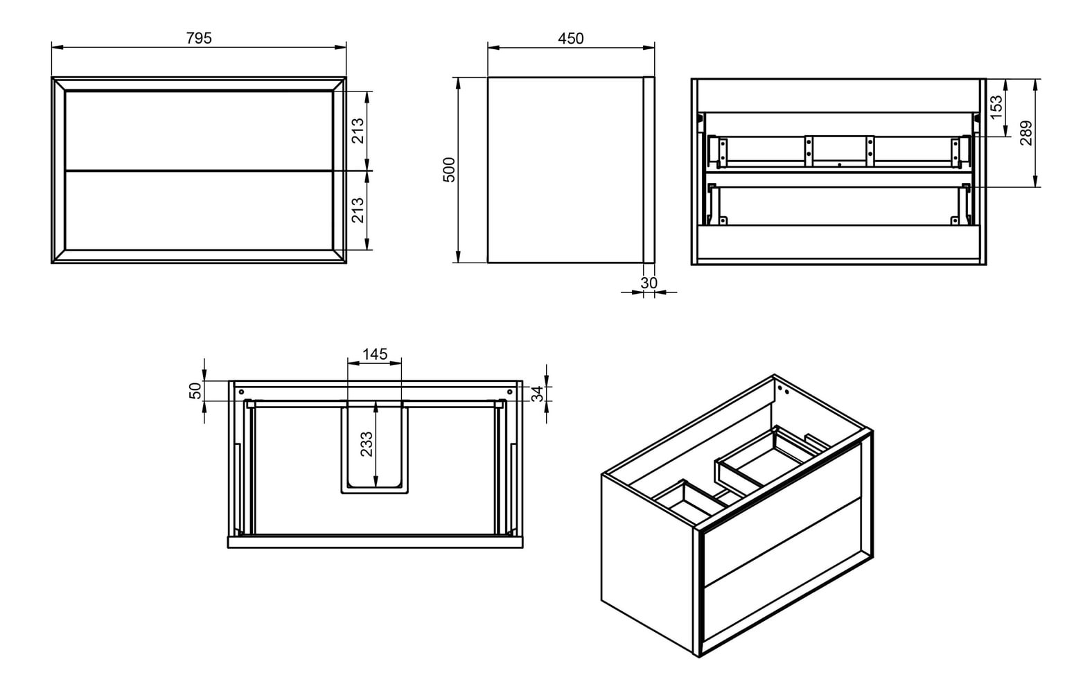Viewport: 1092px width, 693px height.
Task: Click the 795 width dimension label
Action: pos(199,38)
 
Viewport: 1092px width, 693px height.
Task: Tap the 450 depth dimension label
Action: pos(570,39)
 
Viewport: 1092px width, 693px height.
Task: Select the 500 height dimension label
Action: pos(449,170)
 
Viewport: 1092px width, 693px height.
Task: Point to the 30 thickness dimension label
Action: pos(649,283)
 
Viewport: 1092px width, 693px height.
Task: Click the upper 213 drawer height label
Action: pos(358,131)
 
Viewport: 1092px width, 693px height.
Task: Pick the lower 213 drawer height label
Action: pos(358,210)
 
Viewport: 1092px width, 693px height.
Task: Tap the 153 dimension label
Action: pos(997,107)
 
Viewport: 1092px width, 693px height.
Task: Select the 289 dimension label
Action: pos(1026,132)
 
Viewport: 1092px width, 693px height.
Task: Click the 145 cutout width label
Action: pos(375,354)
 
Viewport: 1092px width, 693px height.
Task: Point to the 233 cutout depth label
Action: pos(367,444)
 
